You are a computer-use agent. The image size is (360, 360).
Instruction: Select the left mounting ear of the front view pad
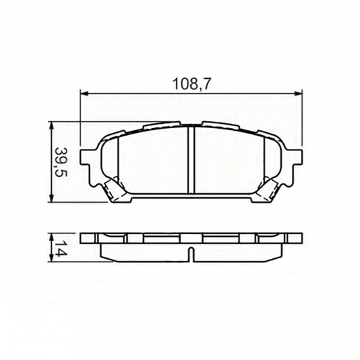[x=88, y=160]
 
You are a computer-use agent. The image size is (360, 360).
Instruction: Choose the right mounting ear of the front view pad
[x=296, y=160]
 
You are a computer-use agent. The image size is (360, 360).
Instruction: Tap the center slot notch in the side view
[x=192, y=249]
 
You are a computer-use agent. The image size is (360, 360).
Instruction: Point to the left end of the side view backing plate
[x=84, y=238]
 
